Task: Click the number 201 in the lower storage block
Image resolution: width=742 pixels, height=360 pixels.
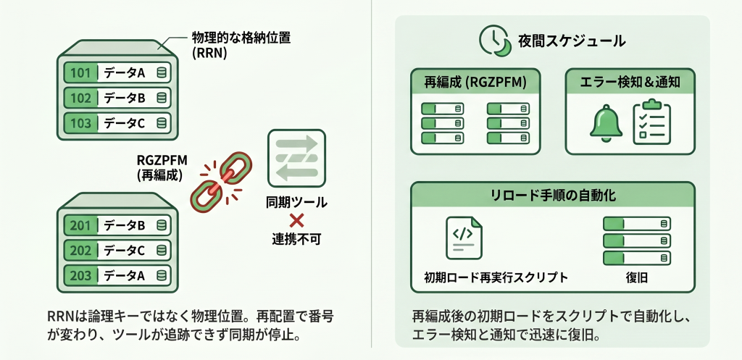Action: point(80,225)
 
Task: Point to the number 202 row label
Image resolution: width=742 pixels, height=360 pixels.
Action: point(80,251)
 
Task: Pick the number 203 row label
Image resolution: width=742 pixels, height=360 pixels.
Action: point(80,275)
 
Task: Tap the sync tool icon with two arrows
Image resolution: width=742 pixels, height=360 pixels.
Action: point(296,158)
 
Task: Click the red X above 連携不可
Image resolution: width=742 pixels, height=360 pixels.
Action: point(296,220)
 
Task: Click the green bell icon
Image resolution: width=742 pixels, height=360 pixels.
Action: point(606,123)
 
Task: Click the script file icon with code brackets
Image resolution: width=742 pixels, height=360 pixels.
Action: point(464,238)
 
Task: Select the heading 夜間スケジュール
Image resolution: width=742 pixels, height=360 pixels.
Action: point(572,41)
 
